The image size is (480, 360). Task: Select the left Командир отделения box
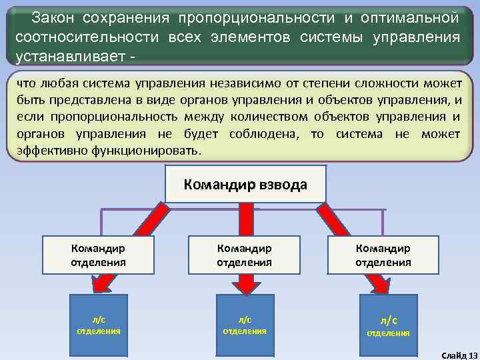98,255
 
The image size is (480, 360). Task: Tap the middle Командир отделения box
244,255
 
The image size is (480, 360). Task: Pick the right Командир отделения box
383,255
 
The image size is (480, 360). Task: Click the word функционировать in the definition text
142,151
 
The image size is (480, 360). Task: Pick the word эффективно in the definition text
49,151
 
